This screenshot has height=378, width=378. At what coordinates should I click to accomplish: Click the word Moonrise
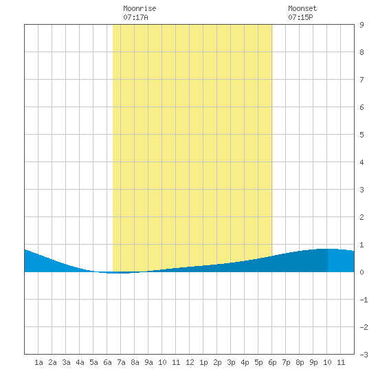click(x=140, y=8)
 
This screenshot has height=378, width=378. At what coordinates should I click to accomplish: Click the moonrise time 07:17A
click(x=135, y=17)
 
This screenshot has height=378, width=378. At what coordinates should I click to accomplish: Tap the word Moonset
click(x=302, y=8)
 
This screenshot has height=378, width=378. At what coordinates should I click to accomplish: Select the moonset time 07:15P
click(x=300, y=17)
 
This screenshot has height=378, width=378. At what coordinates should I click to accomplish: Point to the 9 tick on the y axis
click(x=362, y=25)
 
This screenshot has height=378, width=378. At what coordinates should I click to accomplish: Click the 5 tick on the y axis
click(x=362, y=135)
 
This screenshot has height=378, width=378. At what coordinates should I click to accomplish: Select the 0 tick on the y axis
click(x=362, y=272)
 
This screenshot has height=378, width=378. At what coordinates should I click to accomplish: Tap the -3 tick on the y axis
click(x=364, y=355)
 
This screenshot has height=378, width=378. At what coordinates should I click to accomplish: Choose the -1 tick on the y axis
click(x=364, y=300)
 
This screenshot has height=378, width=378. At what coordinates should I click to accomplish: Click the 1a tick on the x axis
click(x=38, y=362)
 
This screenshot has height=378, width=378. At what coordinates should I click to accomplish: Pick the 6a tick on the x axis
click(x=107, y=362)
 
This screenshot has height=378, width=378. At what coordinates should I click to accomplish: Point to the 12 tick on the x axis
click(x=190, y=362)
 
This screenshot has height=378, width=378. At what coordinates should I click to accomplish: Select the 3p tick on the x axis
click(x=231, y=362)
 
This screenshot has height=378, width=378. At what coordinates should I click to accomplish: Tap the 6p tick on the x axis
click(x=272, y=362)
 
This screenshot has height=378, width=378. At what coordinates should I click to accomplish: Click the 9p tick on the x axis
click(x=313, y=362)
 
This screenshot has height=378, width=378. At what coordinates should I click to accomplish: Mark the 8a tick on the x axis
click(x=135, y=362)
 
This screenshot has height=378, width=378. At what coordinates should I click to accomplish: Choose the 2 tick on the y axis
click(x=362, y=217)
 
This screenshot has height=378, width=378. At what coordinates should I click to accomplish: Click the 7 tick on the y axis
click(x=362, y=80)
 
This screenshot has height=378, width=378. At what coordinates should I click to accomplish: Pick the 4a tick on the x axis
click(x=80, y=362)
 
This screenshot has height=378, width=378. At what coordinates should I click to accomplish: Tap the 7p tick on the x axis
click(x=286, y=362)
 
